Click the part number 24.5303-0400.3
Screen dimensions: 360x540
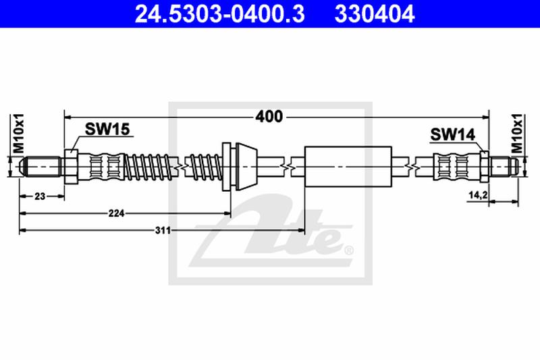click(x=211, y=13)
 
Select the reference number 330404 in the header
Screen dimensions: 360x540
click(x=375, y=13)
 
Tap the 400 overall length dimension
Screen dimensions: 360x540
click(x=269, y=116)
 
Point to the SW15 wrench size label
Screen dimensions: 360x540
click(x=107, y=130)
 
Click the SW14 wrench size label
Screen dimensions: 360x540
click(x=451, y=135)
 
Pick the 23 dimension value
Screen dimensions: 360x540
click(x=40, y=196)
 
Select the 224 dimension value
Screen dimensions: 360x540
click(x=117, y=213)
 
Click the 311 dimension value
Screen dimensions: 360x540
click(x=162, y=230)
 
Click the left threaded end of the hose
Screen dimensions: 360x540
click(x=40, y=165)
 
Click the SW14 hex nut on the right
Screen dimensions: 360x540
click(x=484, y=165)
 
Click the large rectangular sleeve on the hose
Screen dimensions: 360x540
click(x=348, y=165)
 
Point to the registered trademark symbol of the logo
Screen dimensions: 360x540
click(x=348, y=251)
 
